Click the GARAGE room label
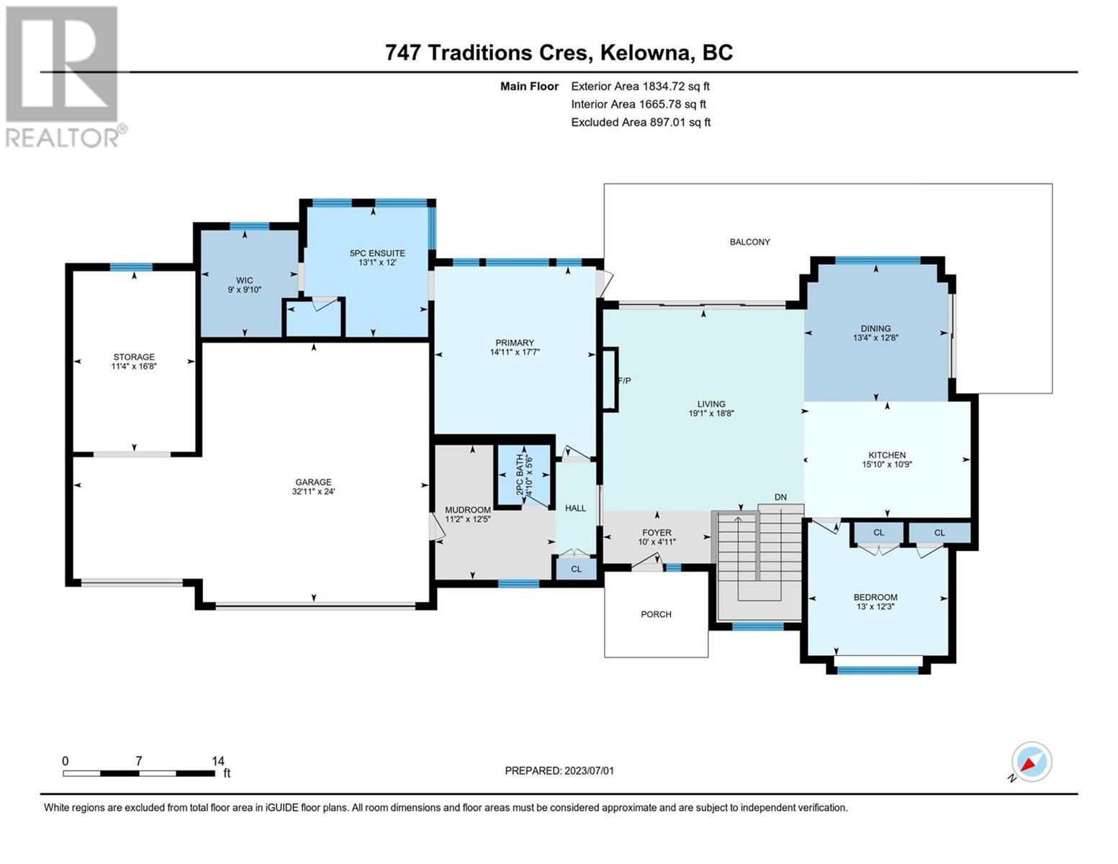pos(313,482)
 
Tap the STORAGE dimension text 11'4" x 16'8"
pos(134,366)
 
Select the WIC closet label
pos(244,280)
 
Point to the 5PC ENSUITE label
pos(377,253)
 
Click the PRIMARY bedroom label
pos(515,343)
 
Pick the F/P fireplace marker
pos(624,381)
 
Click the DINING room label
pos(875,328)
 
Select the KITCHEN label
pos(887,455)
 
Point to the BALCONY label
pos(749,242)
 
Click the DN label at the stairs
pos(780,497)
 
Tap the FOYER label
pos(657,533)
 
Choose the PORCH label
pos(656,614)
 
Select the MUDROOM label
pos(468,510)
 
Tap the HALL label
pos(575,508)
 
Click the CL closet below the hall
pos(576,569)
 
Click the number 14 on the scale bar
pos(218,760)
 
